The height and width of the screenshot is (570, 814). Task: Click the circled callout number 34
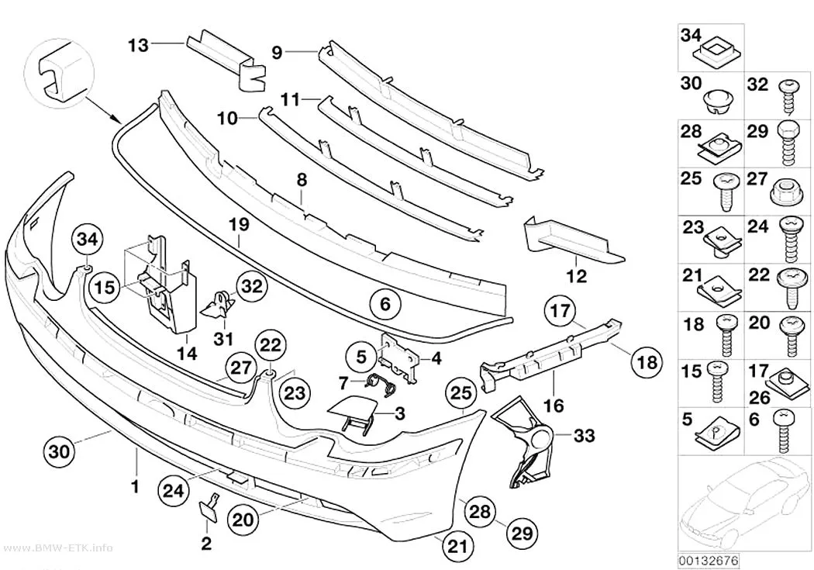click(87, 240)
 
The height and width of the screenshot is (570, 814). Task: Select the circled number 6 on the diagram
click(385, 304)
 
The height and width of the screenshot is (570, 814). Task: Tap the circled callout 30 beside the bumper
click(59, 451)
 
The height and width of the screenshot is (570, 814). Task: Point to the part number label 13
click(138, 46)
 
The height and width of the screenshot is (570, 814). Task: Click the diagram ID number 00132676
click(709, 561)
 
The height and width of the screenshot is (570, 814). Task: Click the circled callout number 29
click(522, 533)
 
